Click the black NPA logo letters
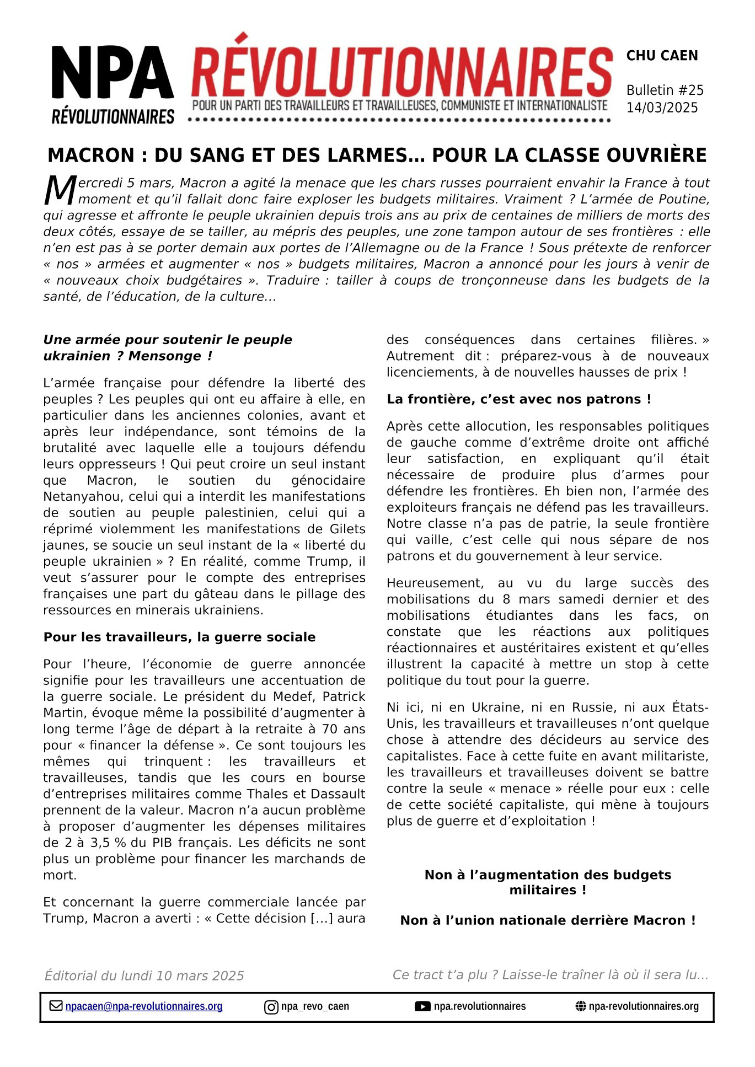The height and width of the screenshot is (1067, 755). point(113,72)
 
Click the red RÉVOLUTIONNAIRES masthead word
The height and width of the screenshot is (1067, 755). point(402,72)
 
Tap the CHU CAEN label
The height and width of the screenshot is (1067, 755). point(662,56)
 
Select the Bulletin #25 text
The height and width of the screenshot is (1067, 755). point(665,90)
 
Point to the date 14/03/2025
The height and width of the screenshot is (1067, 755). point(662,108)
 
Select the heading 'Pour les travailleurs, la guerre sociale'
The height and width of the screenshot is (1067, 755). point(179,637)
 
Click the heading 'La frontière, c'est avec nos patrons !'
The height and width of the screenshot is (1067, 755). point(518,399)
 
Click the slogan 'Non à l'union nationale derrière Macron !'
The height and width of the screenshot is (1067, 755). point(548,920)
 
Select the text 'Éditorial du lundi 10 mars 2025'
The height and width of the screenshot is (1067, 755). point(144,975)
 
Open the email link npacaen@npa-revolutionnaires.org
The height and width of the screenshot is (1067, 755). point(144,1006)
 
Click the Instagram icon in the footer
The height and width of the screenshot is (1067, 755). point(271,1007)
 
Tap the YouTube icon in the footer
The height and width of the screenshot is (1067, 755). point(422,1006)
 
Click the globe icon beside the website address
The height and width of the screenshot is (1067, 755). point(581,1006)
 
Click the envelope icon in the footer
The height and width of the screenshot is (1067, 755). point(56,1006)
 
